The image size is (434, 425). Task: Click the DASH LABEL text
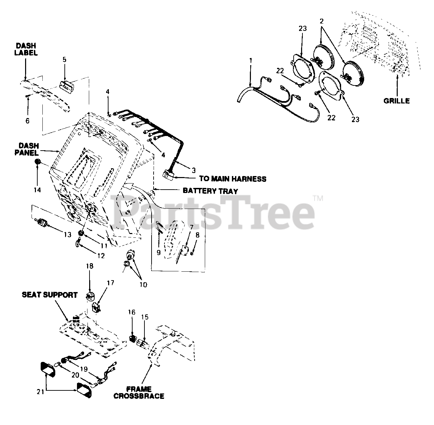(26, 49)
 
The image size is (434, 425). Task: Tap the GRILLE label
(396, 101)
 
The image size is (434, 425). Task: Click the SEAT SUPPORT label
(50, 295)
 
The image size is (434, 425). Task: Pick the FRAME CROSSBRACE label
(139, 392)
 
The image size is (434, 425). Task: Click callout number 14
(37, 190)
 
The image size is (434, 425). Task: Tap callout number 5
(64, 60)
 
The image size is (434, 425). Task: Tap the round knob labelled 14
(38, 162)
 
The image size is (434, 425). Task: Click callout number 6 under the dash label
(27, 120)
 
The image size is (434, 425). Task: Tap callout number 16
(132, 312)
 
